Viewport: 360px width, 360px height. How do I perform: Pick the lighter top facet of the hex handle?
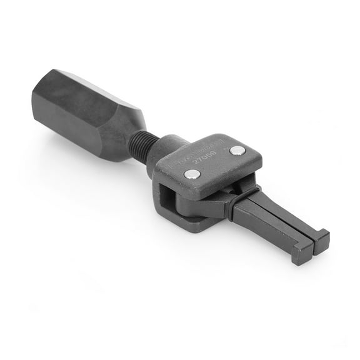click(x=94, y=94)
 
